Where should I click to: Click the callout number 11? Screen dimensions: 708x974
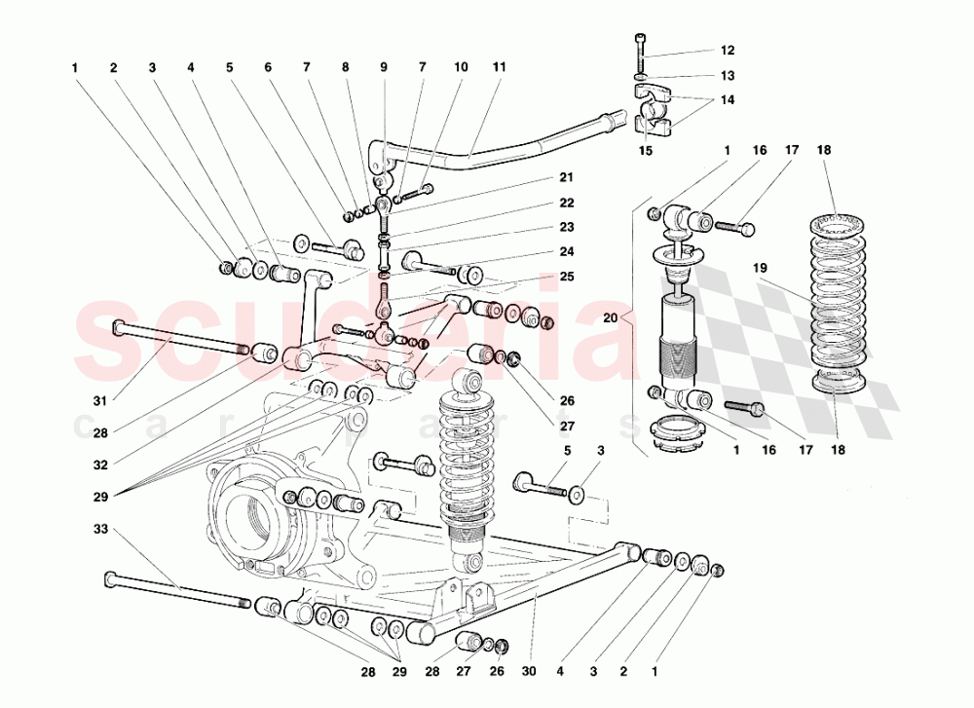(x=499, y=67)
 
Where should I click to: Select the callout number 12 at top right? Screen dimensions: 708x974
(x=728, y=50)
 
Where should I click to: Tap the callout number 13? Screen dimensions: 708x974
(x=728, y=75)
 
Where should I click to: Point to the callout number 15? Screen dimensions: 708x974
(x=645, y=151)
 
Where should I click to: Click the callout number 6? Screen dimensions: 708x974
(x=267, y=67)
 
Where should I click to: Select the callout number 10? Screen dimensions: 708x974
(x=460, y=67)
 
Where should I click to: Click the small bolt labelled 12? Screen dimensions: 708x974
(x=640, y=47)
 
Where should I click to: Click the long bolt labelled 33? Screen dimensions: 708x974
(x=175, y=591)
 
